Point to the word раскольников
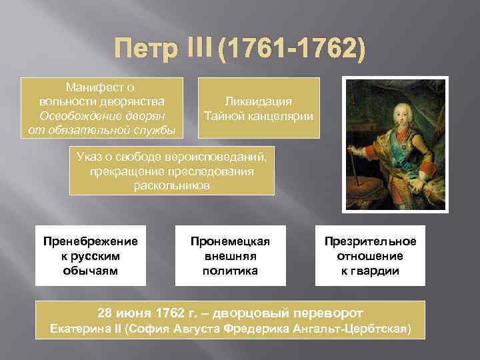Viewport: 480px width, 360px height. pyautogui.click(x=171, y=185)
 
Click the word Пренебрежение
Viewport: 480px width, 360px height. pyautogui.click(x=90, y=241)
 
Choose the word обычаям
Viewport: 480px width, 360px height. pyautogui.click(x=90, y=270)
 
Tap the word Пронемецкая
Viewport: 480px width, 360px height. pyautogui.click(x=230, y=241)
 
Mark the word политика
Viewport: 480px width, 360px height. pyautogui.click(x=230, y=270)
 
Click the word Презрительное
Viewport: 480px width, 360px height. pyautogui.click(x=370, y=241)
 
